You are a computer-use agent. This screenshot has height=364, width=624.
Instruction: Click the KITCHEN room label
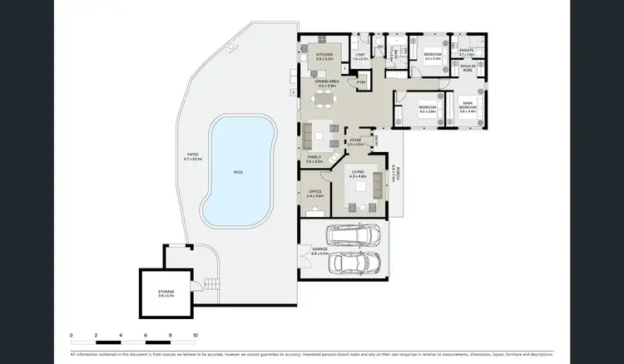(x=324, y=57)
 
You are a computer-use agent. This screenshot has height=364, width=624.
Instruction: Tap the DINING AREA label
(x=326, y=83)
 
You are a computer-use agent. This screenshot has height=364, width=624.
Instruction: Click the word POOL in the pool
(x=238, y=172)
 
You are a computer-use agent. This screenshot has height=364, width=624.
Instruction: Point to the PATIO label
(x=192, y=156)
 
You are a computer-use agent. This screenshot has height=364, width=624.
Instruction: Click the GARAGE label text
(x=319, y=249)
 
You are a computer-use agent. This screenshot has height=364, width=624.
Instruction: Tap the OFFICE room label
(x=314, y=193)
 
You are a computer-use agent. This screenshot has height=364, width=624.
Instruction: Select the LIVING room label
(x=359, y=174)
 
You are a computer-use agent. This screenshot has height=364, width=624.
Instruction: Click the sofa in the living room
(x=379, y=192)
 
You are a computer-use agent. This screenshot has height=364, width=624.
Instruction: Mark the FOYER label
(x=354, y=142)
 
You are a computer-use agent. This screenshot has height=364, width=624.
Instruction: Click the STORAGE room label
(x=166, y=293)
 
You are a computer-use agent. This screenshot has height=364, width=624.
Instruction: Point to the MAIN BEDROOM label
(x=468, y=108)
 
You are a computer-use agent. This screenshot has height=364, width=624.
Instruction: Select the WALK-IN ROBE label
(x=468, y=67)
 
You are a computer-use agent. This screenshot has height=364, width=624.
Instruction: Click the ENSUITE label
(x=466, y=52)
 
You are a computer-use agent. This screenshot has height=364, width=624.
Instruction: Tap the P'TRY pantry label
(x=361, y=82)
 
